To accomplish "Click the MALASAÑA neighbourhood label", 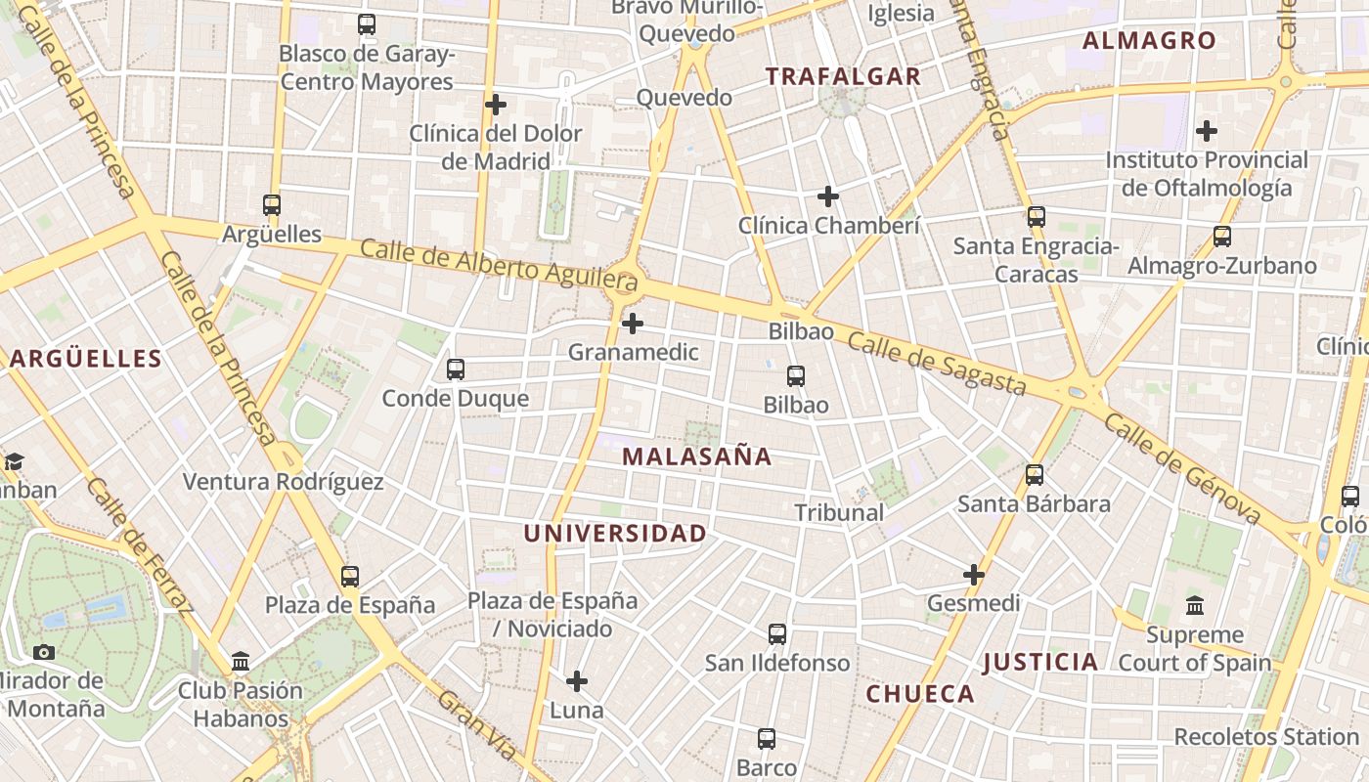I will tap(696, 456).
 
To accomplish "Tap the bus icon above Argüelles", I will tap(272, 205).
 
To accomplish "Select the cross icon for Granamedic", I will tap(633, 323).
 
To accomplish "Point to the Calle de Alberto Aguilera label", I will tap(499, 263).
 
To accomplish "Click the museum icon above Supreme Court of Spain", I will tap(1194, 606).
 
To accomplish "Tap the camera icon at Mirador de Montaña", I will tap(43, 652).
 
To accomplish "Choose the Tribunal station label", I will tap(838, 512).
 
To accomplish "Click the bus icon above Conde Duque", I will tap(455, 369).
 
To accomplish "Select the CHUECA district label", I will tap(920, 694).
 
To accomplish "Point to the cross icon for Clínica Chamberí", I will tap(828, 196).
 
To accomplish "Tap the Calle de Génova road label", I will tap(1182, 467).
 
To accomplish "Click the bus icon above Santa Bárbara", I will tap(1034, 475).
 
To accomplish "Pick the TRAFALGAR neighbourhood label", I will tap(843, 76).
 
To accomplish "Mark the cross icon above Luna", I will tap(577, 680).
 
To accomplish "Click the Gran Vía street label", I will tap(476, 725).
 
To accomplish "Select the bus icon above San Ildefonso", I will tap(777, 634).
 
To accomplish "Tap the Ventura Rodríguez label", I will tap(284, 482).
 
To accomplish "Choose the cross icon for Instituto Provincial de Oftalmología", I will tap(1207, 130).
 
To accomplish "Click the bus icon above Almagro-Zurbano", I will tap(1221, 236).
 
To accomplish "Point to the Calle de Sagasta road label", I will tap(937, 363).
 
